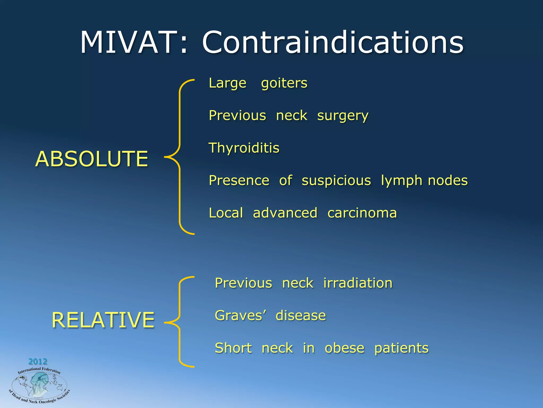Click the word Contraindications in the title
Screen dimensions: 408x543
(x=333, y=42)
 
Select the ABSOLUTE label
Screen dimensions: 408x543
(x=91, y=159)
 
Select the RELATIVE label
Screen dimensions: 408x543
(x=103, y=320)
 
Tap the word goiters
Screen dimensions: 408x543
(x=284, y=83)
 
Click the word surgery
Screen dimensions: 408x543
(x=343, y=116)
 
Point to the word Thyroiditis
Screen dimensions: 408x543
(x=244, y=148)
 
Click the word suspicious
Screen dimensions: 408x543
(x=336, y=181)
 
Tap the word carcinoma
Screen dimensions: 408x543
(x=362, y=213)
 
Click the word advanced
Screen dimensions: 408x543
(x=285, y=213)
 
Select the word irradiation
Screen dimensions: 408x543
(x=358, y=283)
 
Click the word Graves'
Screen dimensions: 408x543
(x=240, y=316)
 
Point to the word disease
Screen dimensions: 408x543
(x=301, y=316)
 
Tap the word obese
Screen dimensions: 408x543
(x=344, y=348)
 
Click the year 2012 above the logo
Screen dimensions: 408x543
(x=38, y=361)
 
